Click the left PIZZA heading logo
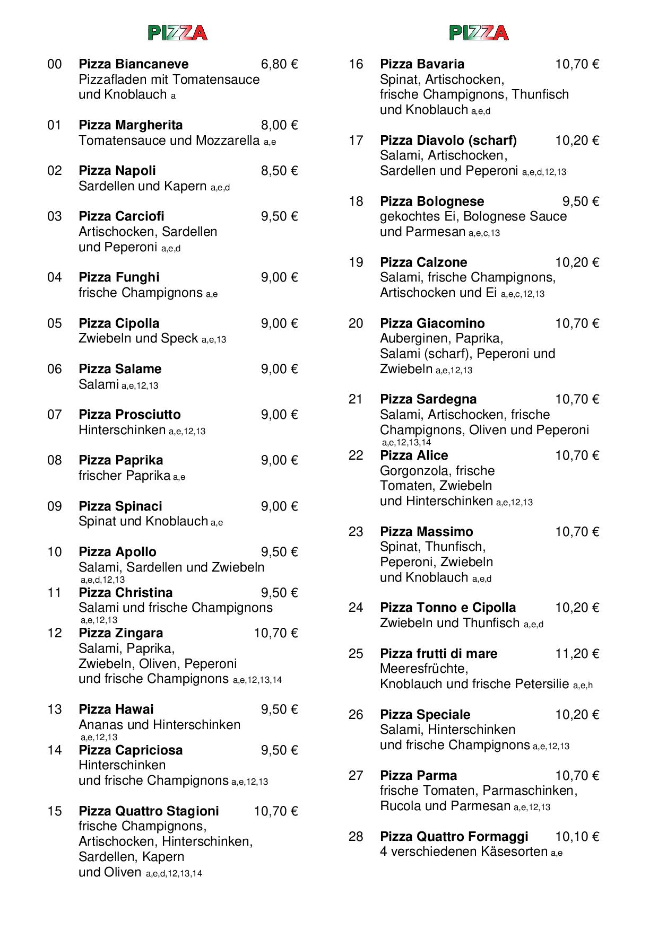click(177, 33)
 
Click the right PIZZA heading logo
click(479, 33)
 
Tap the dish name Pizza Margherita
click(131, 125)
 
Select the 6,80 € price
click(279, 64)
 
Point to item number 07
click(55, 415)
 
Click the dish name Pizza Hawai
click(116, 709)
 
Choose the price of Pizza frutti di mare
click(577, 654)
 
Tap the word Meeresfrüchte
click(423, 669)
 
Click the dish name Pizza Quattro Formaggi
click(454, 837)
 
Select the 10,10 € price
click(577, 837)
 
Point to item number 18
click(356, 201)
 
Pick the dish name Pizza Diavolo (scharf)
click(448, 141)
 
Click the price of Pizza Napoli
click(279, 171)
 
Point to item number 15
click(55, 811)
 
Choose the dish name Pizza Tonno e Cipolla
click(448, 608)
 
